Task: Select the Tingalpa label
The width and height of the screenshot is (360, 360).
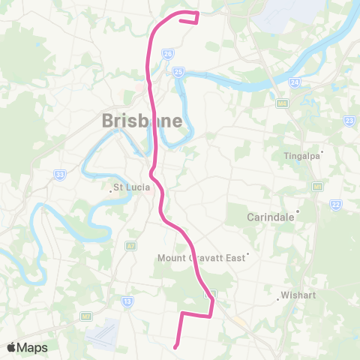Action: tap(301, 156)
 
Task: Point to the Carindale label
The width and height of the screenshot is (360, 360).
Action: tap(271, 217)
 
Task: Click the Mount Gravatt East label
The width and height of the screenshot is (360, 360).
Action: tap(201, 258)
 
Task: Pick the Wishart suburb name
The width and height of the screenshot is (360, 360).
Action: tap(298, 295)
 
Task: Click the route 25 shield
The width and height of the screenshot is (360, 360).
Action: tap(178, 71)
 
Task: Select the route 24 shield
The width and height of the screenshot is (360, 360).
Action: tap(295, 82)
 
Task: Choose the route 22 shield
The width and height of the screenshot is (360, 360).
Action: tap(335, 205)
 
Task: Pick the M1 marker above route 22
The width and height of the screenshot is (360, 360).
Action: tap(318, 185)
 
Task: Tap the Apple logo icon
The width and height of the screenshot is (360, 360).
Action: tap(12, 347)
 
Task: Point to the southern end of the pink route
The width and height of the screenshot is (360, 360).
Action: tap(175, 346)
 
